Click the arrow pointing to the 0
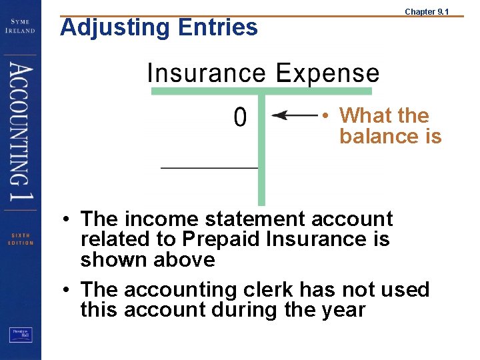click(294, 116)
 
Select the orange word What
click(366, 115)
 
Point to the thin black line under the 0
click(209, 167)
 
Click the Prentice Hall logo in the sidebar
click(20, 336)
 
